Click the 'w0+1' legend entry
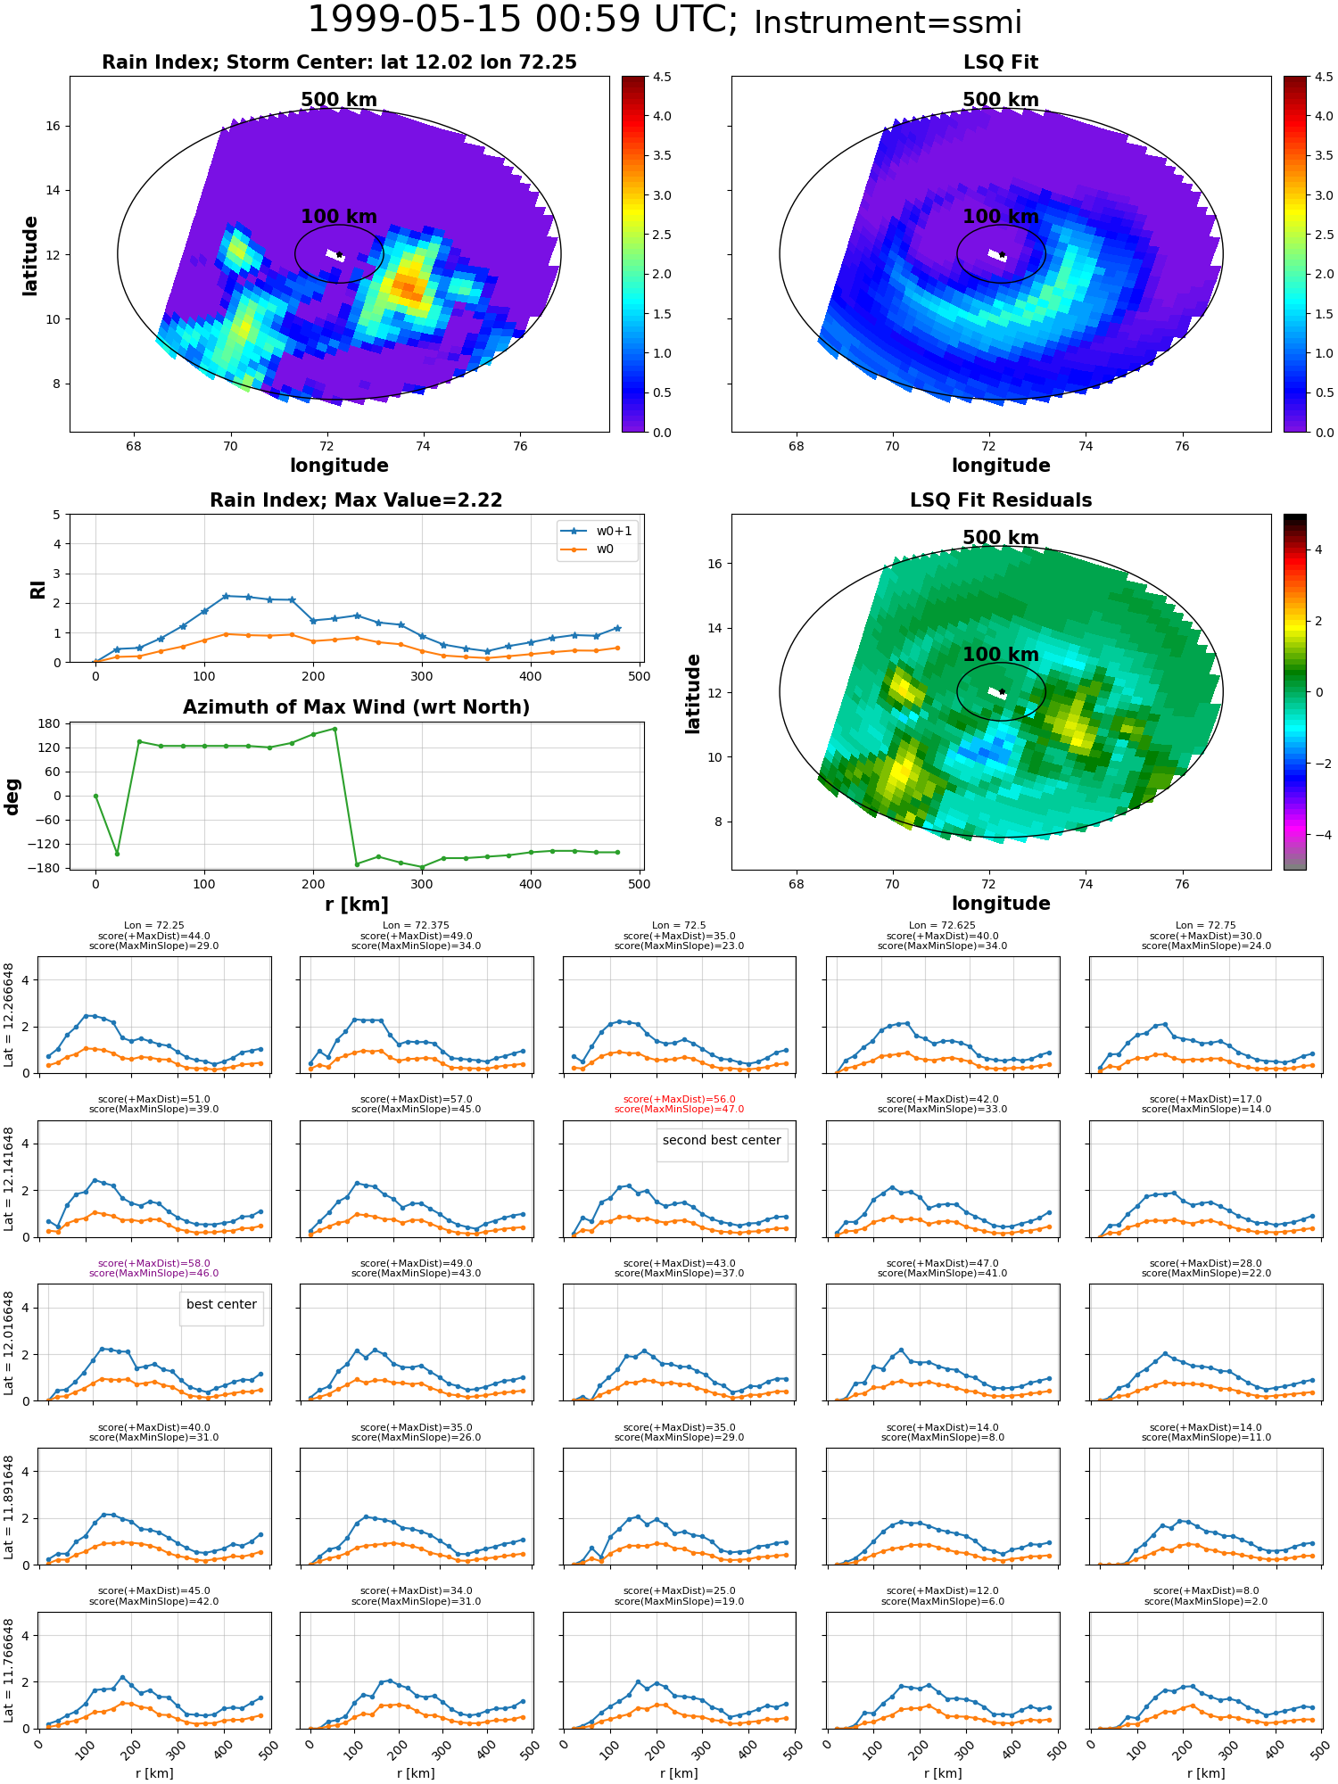pos(596,531)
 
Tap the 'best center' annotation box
pos(221,1304)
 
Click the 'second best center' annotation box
pos(722,1140)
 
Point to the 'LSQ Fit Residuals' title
pos(1001,500)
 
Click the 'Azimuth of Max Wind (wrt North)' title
pos(356,707)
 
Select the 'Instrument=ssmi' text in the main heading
pos(888,22)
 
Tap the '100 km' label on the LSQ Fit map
pos(1001,216)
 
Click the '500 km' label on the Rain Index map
pos(339,100)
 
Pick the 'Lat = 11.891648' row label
pos(9,1507)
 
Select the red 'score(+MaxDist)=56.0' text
pos(679,1100)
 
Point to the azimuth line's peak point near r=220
pos(334,729)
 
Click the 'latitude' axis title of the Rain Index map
pos(30,255)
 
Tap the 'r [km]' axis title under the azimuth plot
pos(356,904)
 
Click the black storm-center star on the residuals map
pos(1002,691)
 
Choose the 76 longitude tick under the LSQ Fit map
pos(1182,446)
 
